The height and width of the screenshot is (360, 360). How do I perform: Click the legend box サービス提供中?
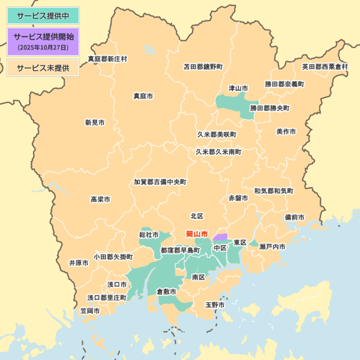click(43, 16)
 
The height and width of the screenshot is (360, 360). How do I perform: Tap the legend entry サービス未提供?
click(43, 68)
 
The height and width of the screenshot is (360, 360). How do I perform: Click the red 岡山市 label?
click(197, 234)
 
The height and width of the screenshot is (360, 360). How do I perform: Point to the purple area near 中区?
click(220, 237)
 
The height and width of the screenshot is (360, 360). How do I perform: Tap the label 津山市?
click(238, 88)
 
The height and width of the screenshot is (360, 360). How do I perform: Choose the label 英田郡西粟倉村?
click(325, 67)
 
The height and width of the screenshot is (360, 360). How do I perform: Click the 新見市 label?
click(95, 123)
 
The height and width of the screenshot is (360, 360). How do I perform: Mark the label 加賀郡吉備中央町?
click(160, 182)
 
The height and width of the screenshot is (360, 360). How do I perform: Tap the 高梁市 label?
click(101, 199)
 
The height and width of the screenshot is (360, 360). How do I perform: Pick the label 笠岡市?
click(90, 310)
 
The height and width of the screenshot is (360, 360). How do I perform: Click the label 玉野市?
click(215, 305)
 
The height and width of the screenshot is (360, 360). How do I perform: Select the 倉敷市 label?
click(167, 292)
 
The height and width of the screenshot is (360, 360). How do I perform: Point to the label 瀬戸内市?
click(272, 247)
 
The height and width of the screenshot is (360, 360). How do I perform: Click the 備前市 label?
click(295, 217)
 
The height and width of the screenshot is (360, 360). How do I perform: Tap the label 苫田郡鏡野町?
click(203, 67)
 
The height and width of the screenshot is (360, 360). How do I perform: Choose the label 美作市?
click(286, 131)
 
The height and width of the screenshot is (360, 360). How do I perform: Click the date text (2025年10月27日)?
click(43, 48)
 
